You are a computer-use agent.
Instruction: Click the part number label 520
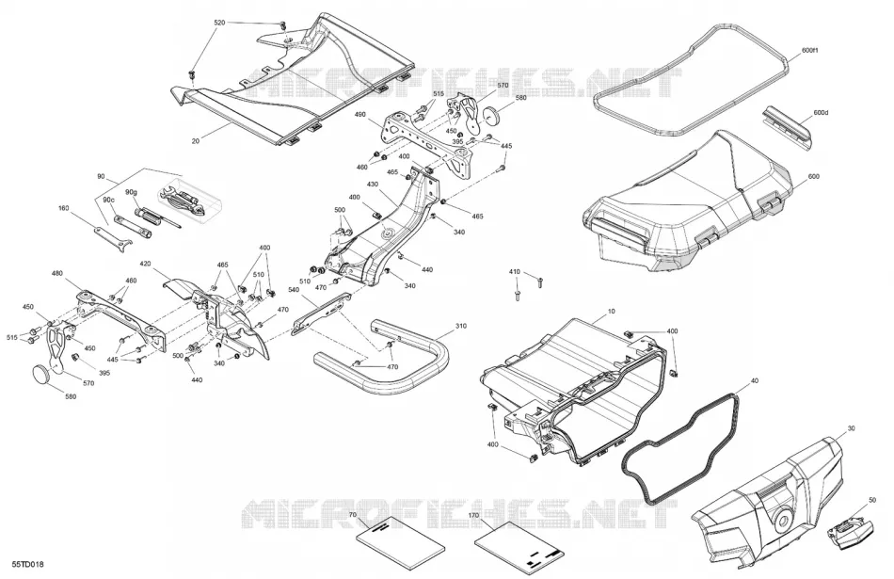pos(219,23)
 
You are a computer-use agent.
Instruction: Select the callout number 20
pos(196,141)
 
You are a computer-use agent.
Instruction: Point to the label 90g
pos(131,192)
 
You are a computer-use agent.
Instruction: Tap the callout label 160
pos(63,208)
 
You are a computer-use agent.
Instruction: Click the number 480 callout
pos(57,273)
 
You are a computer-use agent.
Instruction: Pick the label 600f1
pos(809,51)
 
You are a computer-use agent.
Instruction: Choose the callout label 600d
pos(821,112)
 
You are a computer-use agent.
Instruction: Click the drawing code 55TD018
pos(28,565)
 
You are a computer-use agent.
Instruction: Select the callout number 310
pos(461,327)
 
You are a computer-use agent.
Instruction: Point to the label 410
pos(514,272)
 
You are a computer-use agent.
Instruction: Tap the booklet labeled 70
pos(400,539)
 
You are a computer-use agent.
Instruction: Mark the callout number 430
pos(373,185)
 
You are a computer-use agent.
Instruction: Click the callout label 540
pos(294,290)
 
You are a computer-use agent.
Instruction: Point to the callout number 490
pos(359,114)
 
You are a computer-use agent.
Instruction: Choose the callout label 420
pos(145,265)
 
